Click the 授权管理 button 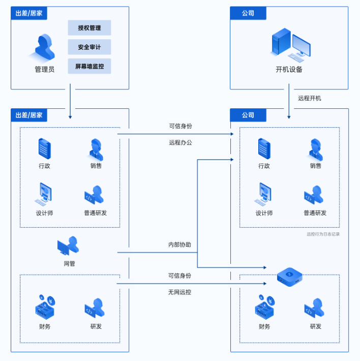pos(89,27)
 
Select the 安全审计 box pos(89,47)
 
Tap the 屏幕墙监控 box pos(89,66)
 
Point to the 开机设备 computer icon pos(291,45)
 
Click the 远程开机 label pos(310,98)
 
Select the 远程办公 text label pos(181,142)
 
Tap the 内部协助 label pos(179,245)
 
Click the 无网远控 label pos(179,292)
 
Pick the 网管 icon pos(68,246)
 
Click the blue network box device pos(289,277)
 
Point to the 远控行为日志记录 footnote pos(323,234)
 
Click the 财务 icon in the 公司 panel pos(265,307)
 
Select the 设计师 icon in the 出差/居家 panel pos(44,194)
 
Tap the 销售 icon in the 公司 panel pos(315,149)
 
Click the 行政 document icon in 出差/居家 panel pos(44,149)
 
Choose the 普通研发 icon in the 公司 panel pos(314,195)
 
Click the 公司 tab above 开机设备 pos(248,13)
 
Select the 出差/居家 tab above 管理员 pos(29,13)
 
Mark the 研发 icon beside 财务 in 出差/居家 pos(95,308)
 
